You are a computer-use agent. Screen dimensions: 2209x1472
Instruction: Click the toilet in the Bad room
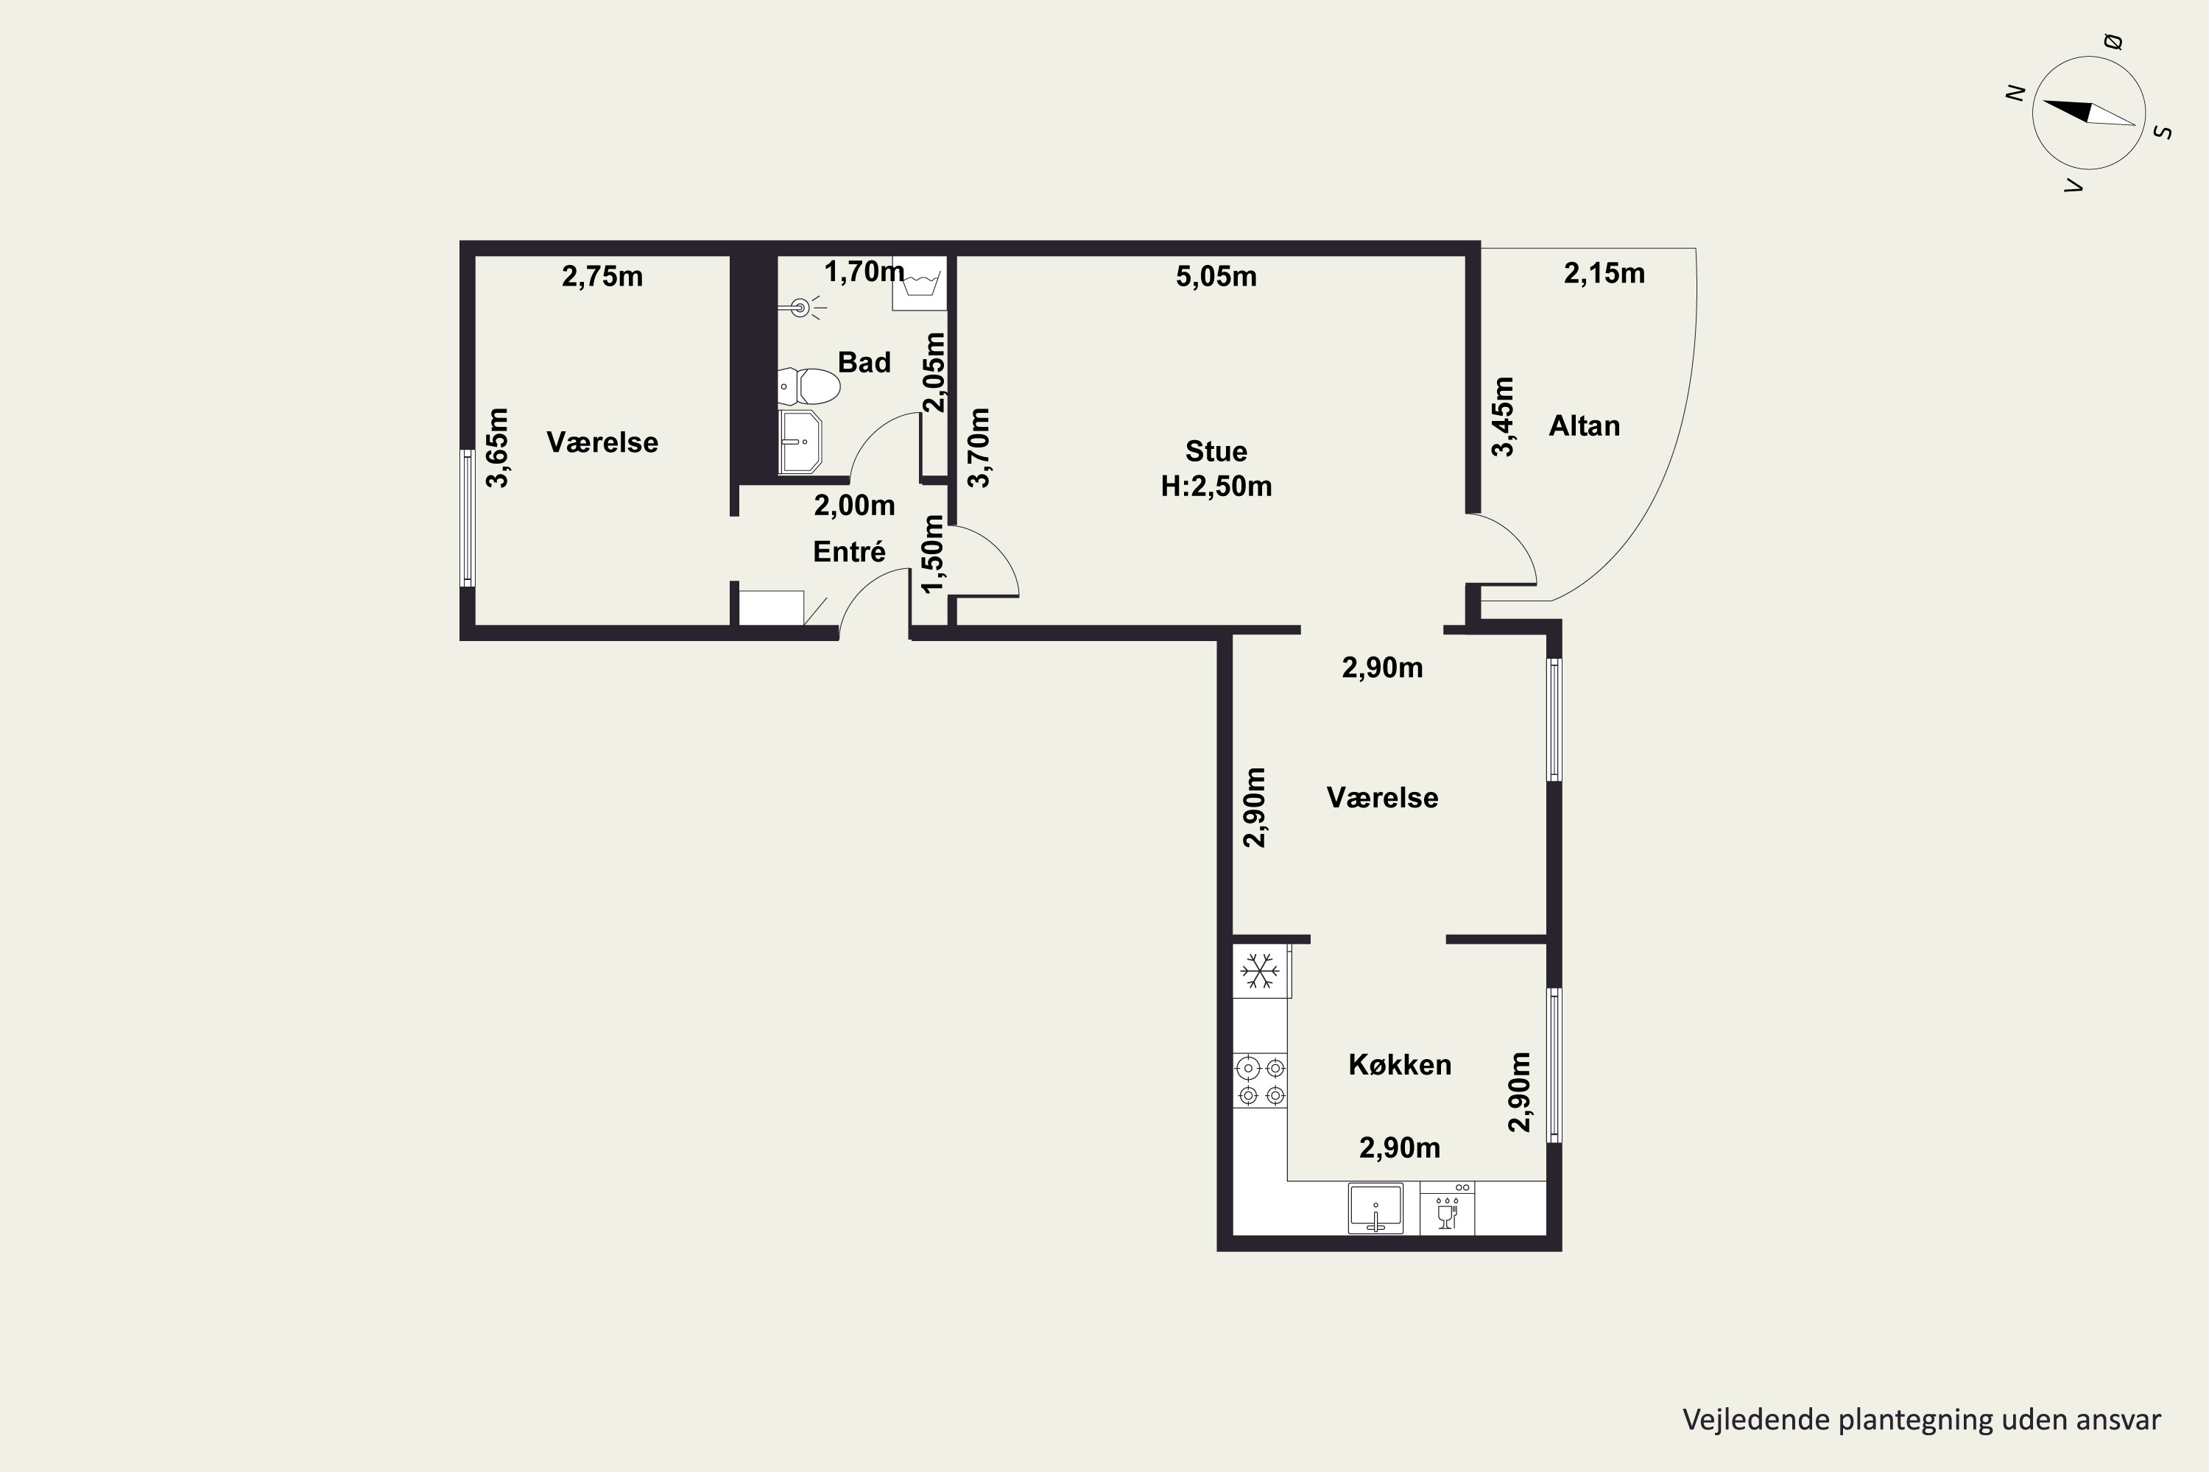coord(808,386)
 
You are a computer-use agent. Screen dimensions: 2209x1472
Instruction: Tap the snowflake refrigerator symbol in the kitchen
coord(1259,971)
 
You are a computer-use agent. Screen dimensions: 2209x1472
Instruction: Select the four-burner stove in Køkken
coord(1259,1080)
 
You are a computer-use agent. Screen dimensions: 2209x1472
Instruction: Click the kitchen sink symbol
coord(1376,1209)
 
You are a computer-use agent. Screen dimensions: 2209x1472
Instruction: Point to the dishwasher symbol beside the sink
coord(1446,1209)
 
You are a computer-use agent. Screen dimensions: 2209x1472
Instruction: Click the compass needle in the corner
coord(2089,113)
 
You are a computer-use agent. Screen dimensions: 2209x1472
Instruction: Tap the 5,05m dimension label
coord(1216,276)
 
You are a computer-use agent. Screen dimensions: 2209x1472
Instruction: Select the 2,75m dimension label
coord(602,276)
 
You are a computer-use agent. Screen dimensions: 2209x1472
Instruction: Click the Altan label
coord(1585,426)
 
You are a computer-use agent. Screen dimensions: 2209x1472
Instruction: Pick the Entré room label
coord(849,551)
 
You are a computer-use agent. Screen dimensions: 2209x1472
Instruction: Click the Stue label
coord(1216,452)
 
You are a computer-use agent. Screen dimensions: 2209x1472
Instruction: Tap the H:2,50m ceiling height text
coord(1216,486)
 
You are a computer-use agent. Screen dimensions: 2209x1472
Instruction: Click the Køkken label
coord(1400,1064)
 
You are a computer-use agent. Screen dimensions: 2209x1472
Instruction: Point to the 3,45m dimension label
coord(1504,416)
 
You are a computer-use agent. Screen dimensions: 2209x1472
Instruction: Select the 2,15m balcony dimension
coord(1604,273)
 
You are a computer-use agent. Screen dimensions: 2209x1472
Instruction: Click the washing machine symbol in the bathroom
coord(918,283)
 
